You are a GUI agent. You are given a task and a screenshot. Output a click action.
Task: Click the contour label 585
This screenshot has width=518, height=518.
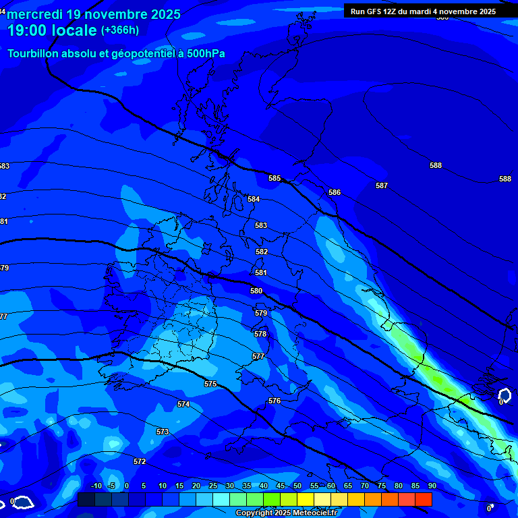pos(275,178)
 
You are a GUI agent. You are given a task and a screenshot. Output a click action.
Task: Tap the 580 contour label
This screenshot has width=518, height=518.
pos(256,291)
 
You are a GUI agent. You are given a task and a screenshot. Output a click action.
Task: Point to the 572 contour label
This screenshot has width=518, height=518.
pos(140,461)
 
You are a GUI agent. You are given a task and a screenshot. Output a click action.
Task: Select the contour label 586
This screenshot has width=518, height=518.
pos(335,192)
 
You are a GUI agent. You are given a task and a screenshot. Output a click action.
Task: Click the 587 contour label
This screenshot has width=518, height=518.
pos(382,185)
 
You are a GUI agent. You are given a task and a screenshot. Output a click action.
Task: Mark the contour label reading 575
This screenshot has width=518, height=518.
pos(210,384)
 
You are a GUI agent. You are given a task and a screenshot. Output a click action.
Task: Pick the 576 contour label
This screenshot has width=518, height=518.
pos(275,401)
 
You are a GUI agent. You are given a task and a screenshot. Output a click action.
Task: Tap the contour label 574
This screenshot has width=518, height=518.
pos(183,404)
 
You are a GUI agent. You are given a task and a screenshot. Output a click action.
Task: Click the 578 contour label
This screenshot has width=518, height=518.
pos(260,334)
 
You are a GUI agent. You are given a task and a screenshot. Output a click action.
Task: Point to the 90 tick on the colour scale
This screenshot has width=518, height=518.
pos(432,486)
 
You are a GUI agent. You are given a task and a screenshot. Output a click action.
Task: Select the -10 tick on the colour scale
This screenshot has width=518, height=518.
pos(96,486)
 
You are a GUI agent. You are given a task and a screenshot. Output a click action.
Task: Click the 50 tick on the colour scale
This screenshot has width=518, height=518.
pos(297,486)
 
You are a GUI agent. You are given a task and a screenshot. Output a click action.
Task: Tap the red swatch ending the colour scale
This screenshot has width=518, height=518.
pos(424,499)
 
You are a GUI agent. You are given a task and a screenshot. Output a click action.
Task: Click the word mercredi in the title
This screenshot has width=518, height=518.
pos(34,14)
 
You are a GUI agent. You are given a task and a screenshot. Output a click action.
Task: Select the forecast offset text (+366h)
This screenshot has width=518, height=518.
pos(120,30)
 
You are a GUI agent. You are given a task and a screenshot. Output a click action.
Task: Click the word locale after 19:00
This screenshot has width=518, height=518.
pos(74,30)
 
